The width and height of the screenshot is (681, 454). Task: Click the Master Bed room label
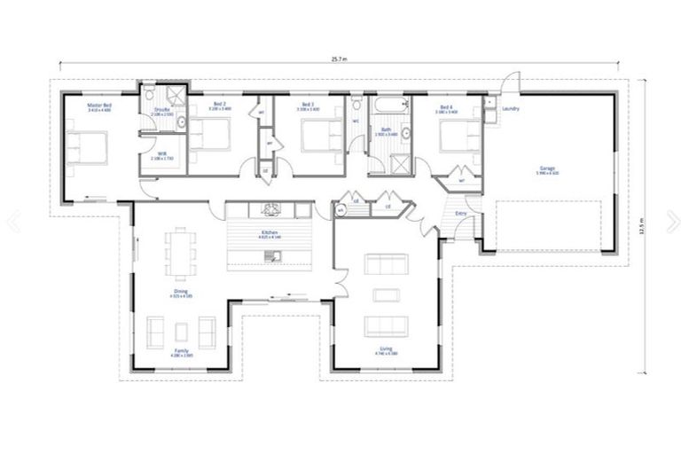point(97,106)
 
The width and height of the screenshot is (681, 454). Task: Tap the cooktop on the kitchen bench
point(270,209)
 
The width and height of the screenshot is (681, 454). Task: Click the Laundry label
point(510,109)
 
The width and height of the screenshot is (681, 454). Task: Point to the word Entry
point(461,214)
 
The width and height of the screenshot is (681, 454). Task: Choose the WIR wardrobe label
point(163,153)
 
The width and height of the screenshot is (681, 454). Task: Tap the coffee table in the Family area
point(182,331)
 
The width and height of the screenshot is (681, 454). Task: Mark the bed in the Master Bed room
point(86,146)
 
